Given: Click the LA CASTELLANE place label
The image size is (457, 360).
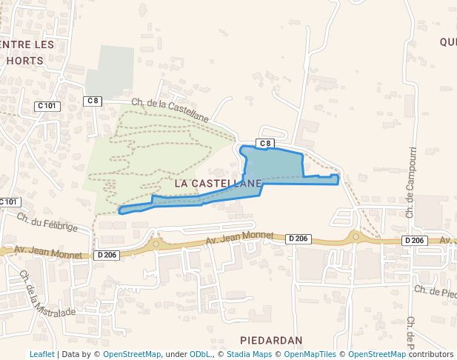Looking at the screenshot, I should click(x=219, y=182).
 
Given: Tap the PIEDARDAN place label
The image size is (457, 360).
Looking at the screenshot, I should click(x=271, y=340).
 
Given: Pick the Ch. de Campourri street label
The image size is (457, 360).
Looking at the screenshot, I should click(x=411, y=178).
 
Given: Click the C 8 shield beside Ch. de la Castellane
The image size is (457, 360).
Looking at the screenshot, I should click(x=92, y=101).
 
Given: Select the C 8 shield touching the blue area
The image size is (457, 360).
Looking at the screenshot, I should click(x=265, y=143).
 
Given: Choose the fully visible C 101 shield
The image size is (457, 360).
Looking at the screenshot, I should click(x=46, y=106).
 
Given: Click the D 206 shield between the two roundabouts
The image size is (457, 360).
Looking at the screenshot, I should click(x=298, y=239).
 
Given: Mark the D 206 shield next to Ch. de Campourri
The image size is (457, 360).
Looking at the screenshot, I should click(x=415, y=241).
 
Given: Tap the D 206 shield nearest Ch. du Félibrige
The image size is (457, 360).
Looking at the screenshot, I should click(x=107, y=255).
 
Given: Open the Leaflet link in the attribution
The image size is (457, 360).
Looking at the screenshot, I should click(x=41, y=354).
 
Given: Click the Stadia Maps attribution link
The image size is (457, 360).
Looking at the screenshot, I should click(x=249, y=354).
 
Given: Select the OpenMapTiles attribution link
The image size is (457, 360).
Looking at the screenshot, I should click(x=310, y=354).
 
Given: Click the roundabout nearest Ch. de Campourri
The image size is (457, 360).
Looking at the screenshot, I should click(x=356, y=237).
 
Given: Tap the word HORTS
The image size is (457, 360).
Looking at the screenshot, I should click(x=24, y=61).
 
